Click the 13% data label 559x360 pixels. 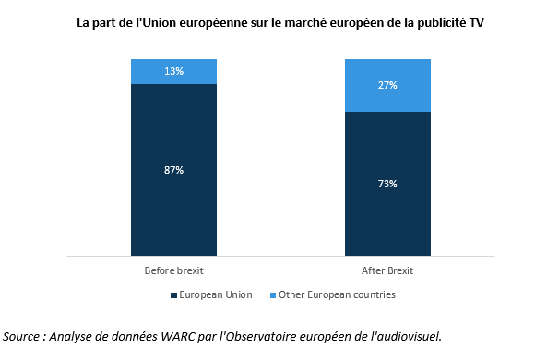(174, 71)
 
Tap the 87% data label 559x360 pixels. (174, 170)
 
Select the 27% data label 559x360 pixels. (387, 85)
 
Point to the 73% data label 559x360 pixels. (387, 184)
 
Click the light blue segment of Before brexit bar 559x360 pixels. (174, 71)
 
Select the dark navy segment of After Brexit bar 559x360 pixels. (387, 184)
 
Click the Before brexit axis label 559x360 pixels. (174, 270)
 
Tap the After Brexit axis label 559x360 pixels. (387, 270)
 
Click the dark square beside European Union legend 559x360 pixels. (173, 295)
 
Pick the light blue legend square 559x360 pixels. (273, 295)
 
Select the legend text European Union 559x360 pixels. (216, 294)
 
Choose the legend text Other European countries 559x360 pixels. (337, 294)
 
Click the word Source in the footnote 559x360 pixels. (21, 336)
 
